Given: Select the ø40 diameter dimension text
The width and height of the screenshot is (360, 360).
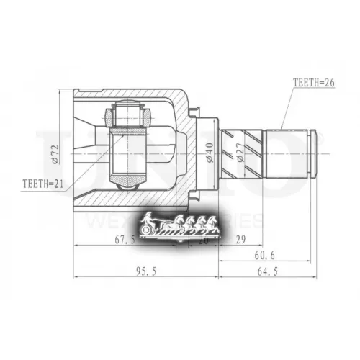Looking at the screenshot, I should click(210, 153).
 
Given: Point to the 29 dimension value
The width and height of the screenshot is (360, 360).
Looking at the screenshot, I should click(240, 240).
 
